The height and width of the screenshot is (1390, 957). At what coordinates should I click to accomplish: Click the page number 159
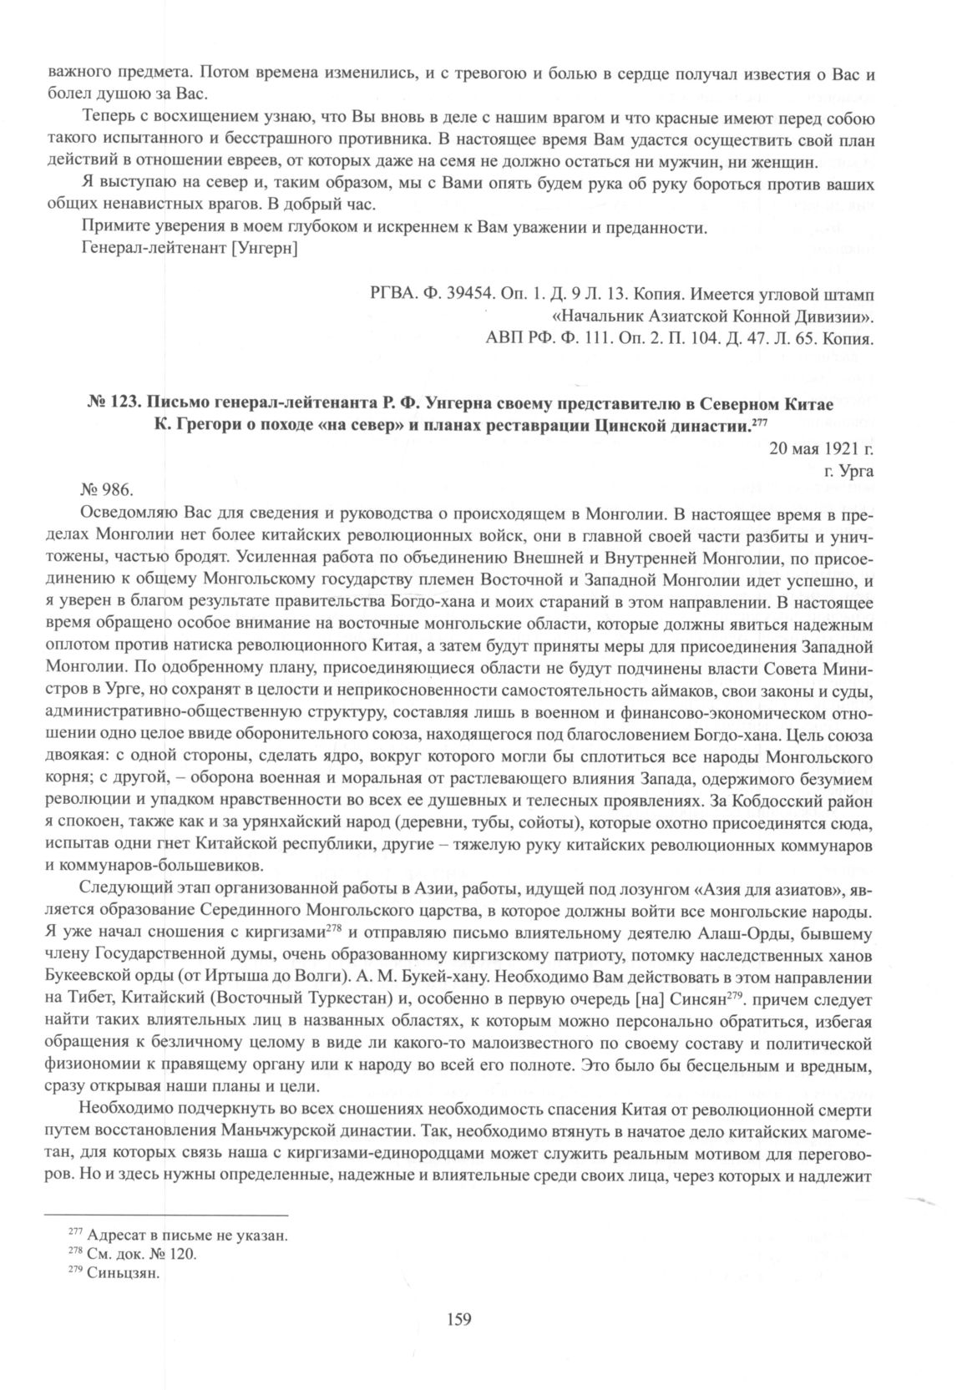click(460, 1319)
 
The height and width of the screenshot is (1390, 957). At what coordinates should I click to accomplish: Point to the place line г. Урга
click(848, 469)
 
